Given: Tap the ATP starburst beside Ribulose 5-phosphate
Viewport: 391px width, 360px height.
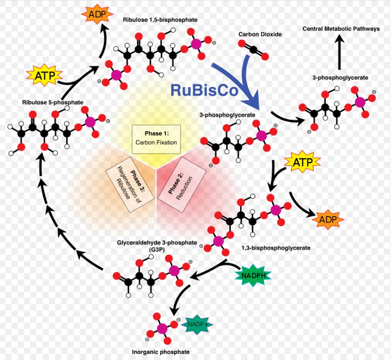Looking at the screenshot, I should [x=43, y=75].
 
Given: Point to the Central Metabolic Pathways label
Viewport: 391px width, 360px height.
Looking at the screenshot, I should [x=341, y=29].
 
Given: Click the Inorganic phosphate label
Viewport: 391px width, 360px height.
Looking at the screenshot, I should [x=160, y=352].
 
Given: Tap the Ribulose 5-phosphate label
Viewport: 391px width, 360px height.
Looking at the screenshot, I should [x=52, y=102].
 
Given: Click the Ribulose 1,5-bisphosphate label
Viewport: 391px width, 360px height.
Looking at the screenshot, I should [x=160, y=20].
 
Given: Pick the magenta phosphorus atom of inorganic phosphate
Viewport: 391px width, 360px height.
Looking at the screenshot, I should [x=162, y=329].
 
